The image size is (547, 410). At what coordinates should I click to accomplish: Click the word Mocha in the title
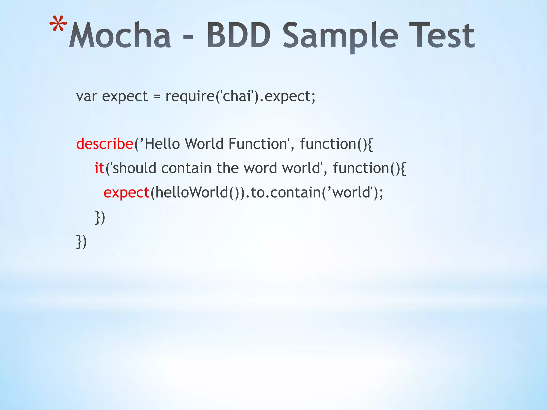[x=120, y=36]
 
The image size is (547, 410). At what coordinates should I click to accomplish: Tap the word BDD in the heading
[x=239, y=36]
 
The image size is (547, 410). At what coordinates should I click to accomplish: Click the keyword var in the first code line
[x=86, y=96]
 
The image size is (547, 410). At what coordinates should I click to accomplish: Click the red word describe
[x=105, y=144]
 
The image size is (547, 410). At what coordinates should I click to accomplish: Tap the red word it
[x=99, y=168]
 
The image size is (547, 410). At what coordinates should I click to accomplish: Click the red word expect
[x=126, y=193]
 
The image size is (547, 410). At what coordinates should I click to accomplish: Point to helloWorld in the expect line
[x=192, y=192]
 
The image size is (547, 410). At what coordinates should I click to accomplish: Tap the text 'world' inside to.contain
[x=352, y=192]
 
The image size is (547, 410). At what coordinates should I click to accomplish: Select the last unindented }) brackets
[x=81, y=242]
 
